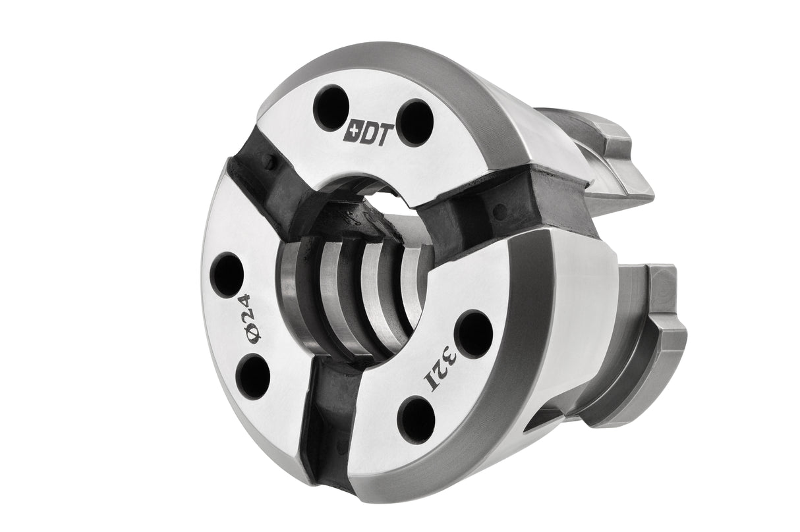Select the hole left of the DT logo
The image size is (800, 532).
pyautogui.click(x=331, y=107)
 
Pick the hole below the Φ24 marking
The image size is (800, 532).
pyautogui.click(x=253, y=376)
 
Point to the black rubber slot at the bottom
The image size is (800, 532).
pyautogui.click(x=328, y=408)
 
